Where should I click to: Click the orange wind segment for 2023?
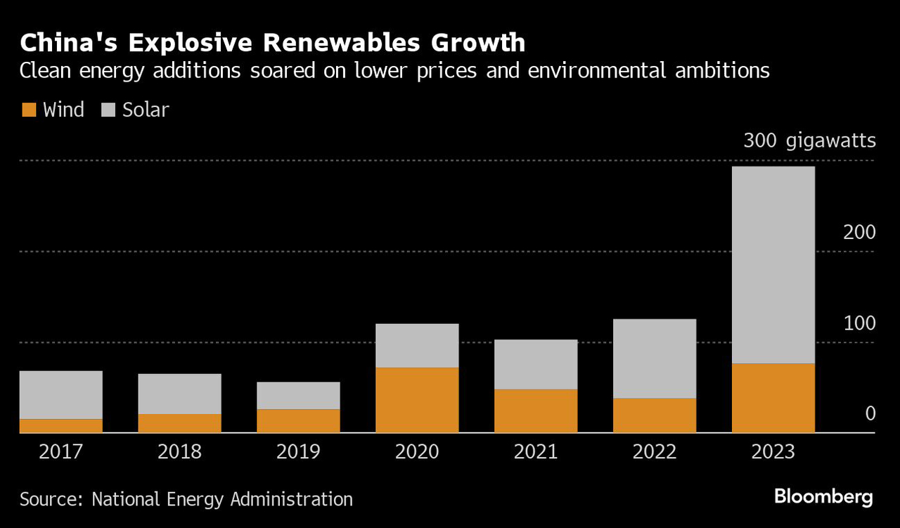773,398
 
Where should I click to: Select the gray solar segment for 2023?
773,265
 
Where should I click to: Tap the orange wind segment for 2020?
417,400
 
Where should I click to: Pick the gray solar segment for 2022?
655,359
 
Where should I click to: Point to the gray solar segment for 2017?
61,395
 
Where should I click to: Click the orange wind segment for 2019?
298,421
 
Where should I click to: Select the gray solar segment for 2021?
536,364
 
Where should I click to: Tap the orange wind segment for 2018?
179,423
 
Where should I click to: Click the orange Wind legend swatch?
29,110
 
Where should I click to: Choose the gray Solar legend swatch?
108,110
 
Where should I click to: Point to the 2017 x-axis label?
61,451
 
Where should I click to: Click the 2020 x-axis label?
417,451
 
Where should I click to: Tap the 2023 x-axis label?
773,451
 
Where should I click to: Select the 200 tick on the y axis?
859,233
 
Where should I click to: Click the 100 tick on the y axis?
859,323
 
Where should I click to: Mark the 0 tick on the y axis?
870,413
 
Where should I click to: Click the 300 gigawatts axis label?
809,141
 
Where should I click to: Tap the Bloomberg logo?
823,498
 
